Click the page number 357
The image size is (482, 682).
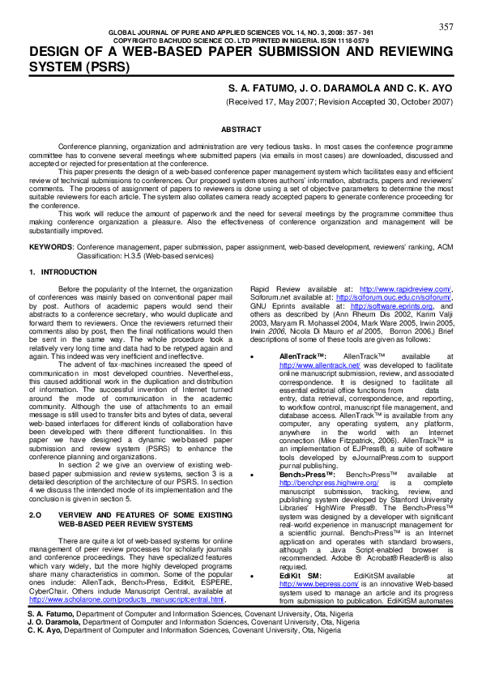pos(446,27)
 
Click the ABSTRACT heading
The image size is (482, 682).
pos(241,130)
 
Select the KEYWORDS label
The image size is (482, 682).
pos(50,245)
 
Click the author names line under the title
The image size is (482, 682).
pos(341,87)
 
